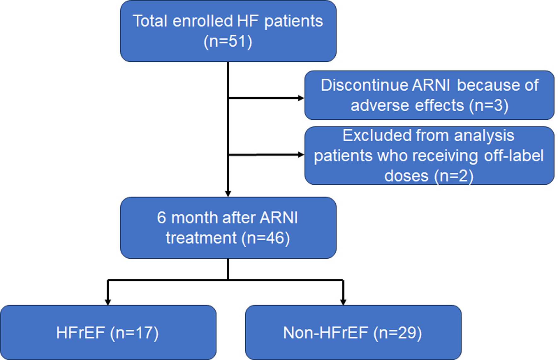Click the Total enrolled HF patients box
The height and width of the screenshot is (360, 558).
click(x=228, y=31)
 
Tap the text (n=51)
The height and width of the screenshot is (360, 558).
click(x=228, y=42)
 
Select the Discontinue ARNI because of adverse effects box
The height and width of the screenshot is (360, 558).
click(x=429, y=95)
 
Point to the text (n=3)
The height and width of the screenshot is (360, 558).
click(x=489, y=105)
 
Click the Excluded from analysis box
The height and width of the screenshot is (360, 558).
click(x=429, y=155)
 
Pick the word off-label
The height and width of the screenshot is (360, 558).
click(x=514, y=155)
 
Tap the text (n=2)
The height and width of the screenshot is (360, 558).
click(x=454, y=176)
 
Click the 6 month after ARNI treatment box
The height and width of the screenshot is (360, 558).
click(x=228, y=228)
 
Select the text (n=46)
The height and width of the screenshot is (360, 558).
click(x=265, y=238)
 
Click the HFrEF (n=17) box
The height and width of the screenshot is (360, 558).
click(x=108, y=332)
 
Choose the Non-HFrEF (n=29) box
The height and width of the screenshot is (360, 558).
click(x=353, y=332)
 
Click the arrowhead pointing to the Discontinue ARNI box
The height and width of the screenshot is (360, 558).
click(x=301, y=98)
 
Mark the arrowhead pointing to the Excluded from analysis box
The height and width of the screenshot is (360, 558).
click(x=301, y=155)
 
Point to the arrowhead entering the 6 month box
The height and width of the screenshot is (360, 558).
click(x=228, y=194)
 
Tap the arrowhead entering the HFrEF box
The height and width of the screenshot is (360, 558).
click(x=108, y=302)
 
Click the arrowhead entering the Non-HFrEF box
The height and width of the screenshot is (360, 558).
click(x=343, y=302)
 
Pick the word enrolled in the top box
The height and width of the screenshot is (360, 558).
click(x=202, y=21)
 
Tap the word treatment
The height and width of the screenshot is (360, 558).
click(x=201, y=238)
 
